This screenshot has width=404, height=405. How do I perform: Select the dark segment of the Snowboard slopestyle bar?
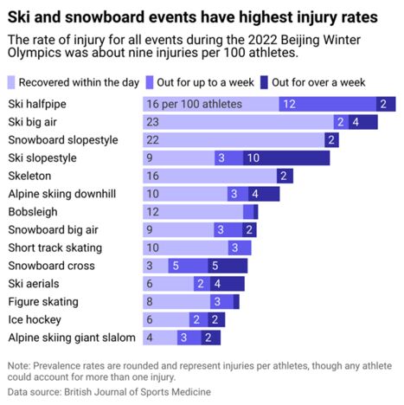(x=331, y=140)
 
